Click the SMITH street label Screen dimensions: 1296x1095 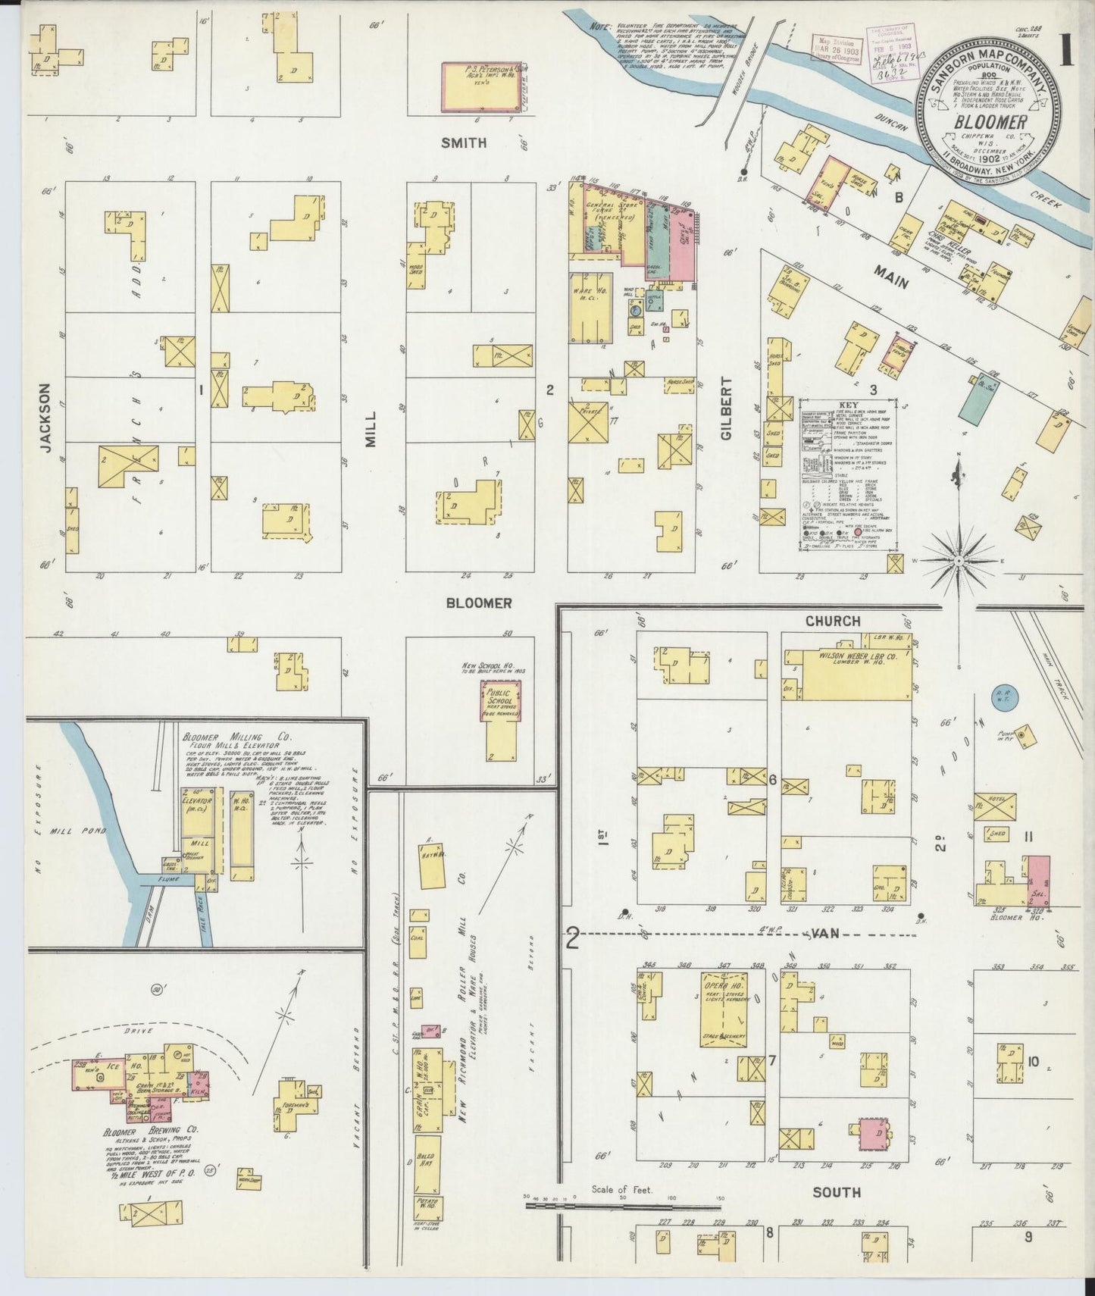pyautogui.click(x=465, y=142)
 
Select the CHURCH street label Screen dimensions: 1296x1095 pyautogui.click(x=833, y=621)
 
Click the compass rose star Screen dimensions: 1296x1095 pyautogui.click(x=958, y=560)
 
